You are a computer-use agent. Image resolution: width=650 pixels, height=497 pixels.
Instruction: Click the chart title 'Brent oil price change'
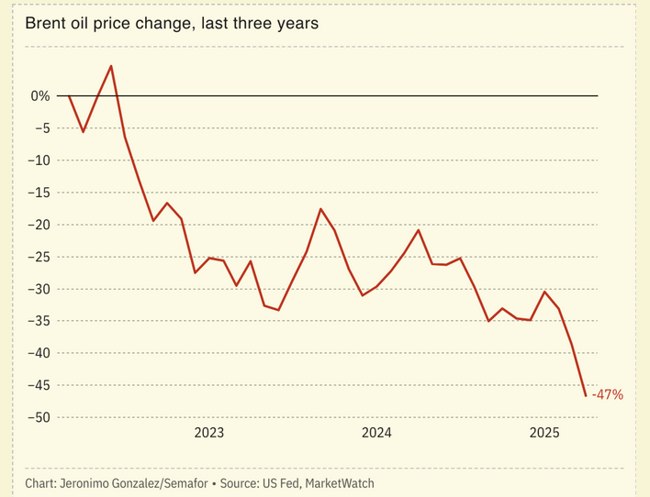(172, 24)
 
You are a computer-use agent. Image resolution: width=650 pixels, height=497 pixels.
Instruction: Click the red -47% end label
(607, 395)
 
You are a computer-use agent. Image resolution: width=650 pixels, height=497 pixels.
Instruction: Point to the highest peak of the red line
(111, 66)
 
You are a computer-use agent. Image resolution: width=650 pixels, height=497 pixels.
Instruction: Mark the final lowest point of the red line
(586, 396)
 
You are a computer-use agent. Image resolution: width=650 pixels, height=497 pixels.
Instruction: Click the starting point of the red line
(69, 95)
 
